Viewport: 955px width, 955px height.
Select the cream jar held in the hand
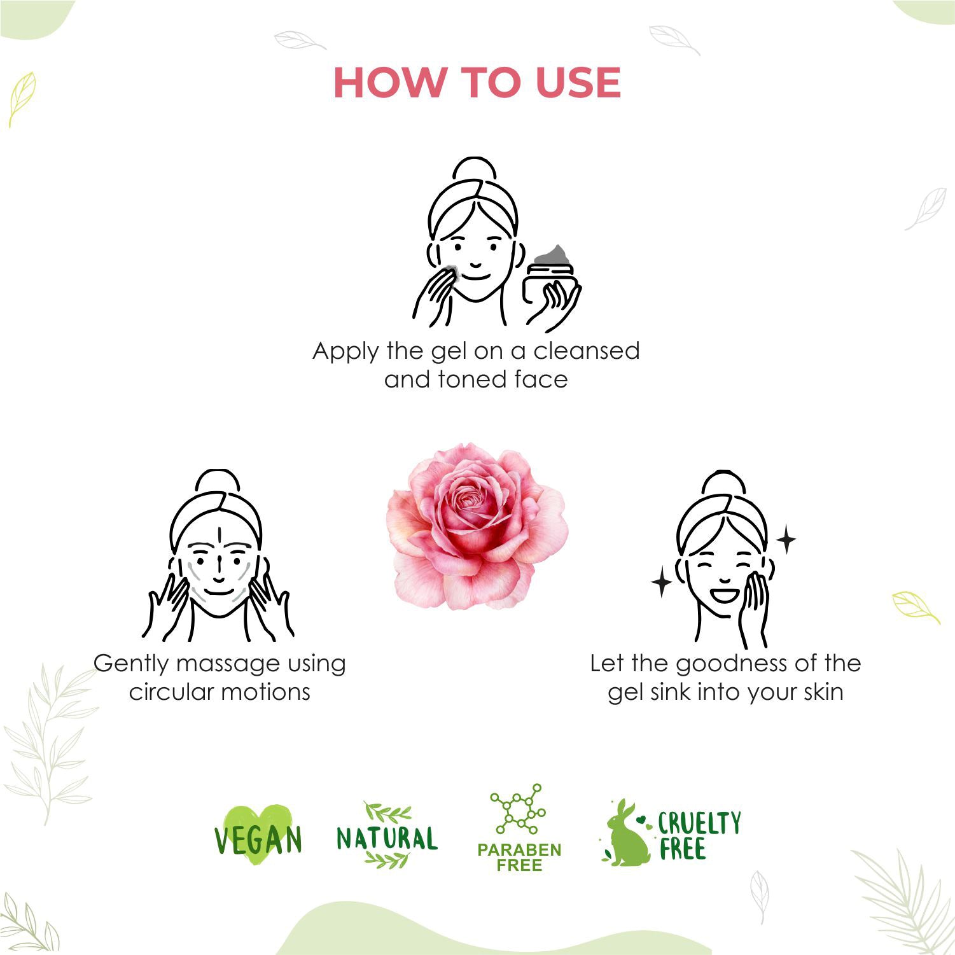click(551, 277)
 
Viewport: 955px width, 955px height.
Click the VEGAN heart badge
click(258, 835)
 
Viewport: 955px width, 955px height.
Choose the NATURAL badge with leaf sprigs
click(387, 836)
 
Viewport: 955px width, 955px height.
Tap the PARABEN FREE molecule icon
click(519, 809)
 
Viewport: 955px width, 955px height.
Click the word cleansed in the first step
click(586, 351)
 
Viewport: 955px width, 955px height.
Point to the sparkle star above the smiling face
click(786, 540)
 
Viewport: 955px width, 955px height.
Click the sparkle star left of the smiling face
click(662, 582)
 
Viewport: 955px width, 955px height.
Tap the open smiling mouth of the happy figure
click(725, 597)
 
